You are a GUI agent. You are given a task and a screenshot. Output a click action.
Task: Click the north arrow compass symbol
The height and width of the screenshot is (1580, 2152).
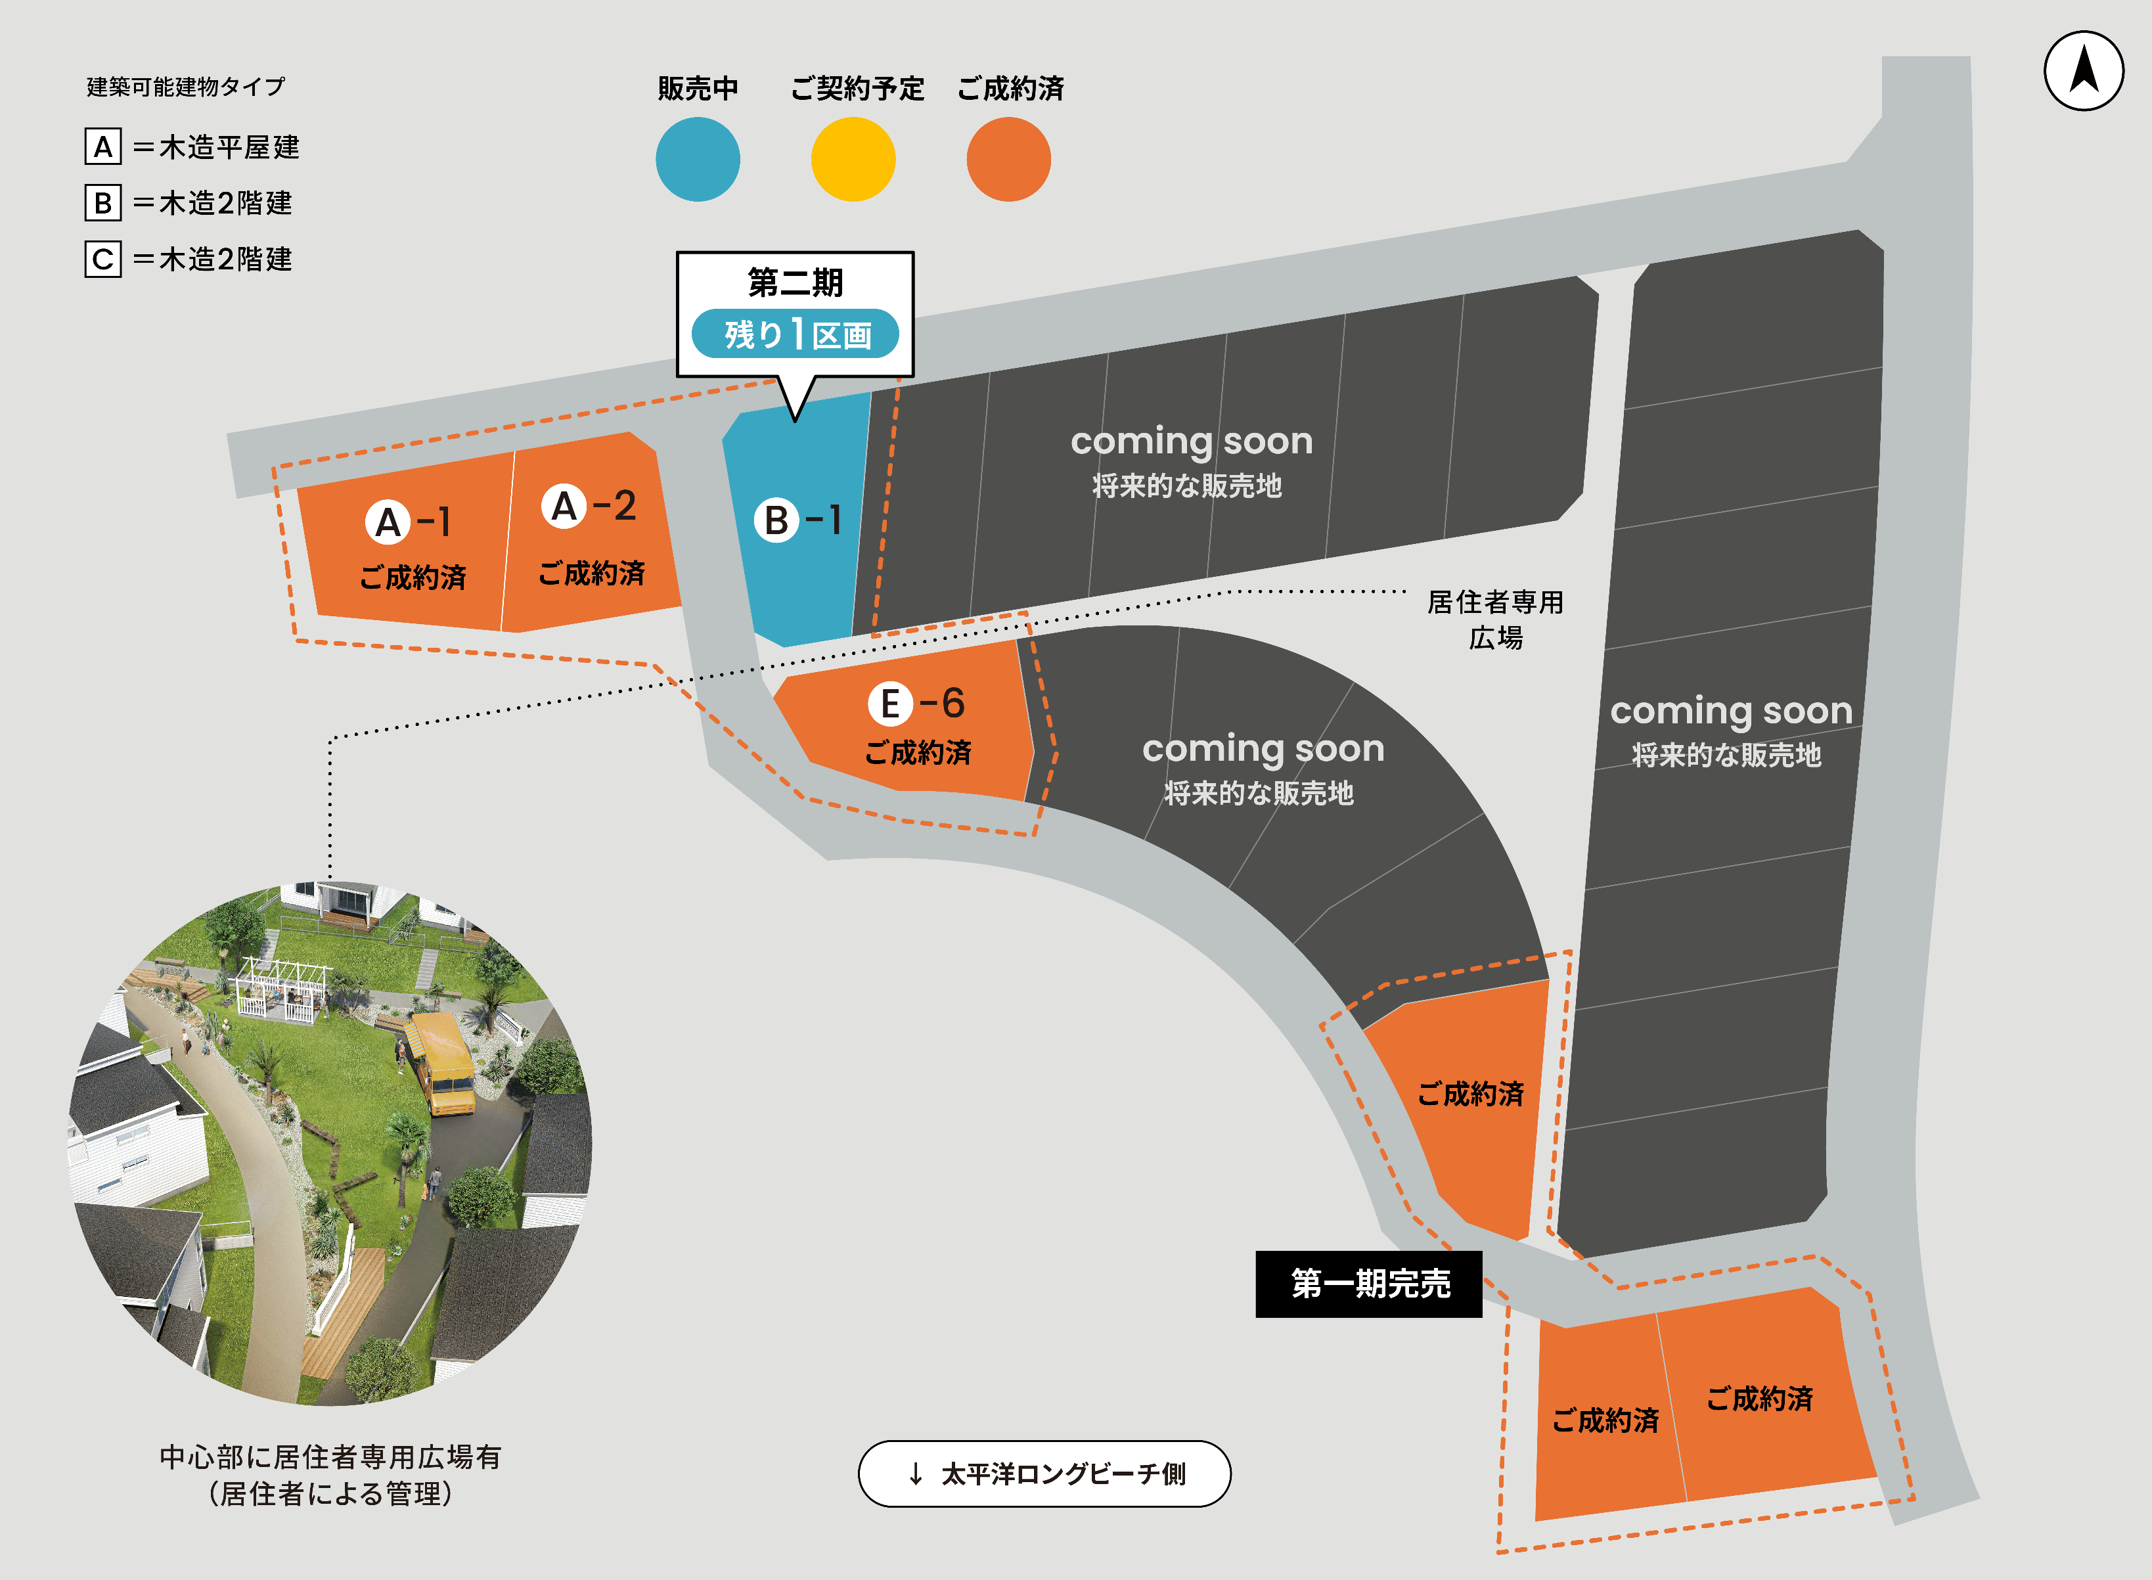(x=2083, y=71)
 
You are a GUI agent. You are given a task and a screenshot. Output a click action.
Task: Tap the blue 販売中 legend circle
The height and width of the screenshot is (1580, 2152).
(x=697, y=159)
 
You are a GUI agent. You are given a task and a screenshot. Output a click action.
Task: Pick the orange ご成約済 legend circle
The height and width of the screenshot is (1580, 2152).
(x=1008, y=159)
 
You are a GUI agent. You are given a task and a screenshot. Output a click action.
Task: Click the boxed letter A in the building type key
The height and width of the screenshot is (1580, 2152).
(x=103, y=147)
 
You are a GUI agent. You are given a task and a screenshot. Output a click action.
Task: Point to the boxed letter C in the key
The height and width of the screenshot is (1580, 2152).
(x=103, y=260)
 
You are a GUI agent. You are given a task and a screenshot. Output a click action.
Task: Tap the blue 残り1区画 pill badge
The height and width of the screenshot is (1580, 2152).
(x=795, y=334)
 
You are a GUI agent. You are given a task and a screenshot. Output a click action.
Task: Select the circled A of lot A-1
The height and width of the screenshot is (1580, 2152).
(x=388, y=522)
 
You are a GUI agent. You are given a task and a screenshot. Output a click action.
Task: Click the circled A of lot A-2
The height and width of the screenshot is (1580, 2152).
(x=564, y=506)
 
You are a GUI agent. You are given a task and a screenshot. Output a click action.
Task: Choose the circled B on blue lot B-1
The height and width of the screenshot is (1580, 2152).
(x=776, y=520)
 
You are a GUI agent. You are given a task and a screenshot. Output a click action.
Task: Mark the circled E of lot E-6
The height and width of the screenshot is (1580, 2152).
(x=889, y=704)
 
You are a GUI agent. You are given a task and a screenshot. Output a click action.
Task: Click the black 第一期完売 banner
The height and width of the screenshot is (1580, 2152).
(x=1369, y=1284)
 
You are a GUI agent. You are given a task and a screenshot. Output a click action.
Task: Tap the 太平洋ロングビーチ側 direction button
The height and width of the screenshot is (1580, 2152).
(x=1044, y=1474)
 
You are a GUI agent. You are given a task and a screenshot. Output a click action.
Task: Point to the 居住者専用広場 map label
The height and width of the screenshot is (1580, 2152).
(x=1495, y=620)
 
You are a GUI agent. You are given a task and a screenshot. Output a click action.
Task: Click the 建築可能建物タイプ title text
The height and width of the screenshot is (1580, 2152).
(x=185, y=87)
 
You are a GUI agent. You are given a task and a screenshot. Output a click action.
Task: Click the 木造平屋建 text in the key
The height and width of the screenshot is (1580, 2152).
(x=229, y=147)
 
